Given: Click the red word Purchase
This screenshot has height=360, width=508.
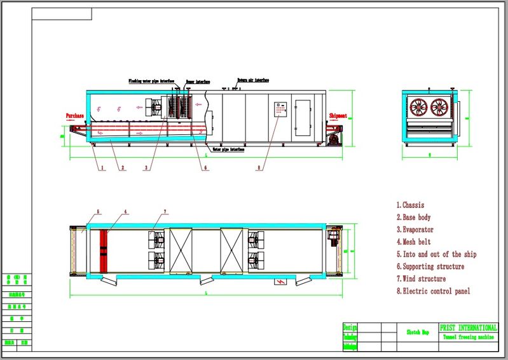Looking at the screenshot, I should tap(75, 116).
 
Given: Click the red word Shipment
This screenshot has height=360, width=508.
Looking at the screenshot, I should tap(338, 116).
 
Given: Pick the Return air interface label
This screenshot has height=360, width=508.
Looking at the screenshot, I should tap(253, 81).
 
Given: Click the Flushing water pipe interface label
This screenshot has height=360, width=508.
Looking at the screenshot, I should tap(151, 81).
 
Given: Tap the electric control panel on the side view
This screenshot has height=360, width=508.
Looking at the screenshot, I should tap(280, 110).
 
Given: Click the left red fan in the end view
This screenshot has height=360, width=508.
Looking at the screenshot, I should tap(420, 106).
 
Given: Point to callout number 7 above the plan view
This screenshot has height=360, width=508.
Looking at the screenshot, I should tap(165, 211).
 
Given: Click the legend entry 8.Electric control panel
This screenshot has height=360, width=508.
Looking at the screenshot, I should tap(434, 291).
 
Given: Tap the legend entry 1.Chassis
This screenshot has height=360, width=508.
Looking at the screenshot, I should tap(411, 205).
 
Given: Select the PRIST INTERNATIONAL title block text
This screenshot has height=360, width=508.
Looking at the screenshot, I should tap(469, 327).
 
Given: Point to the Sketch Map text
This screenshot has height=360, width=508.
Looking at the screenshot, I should tap(417, 332).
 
